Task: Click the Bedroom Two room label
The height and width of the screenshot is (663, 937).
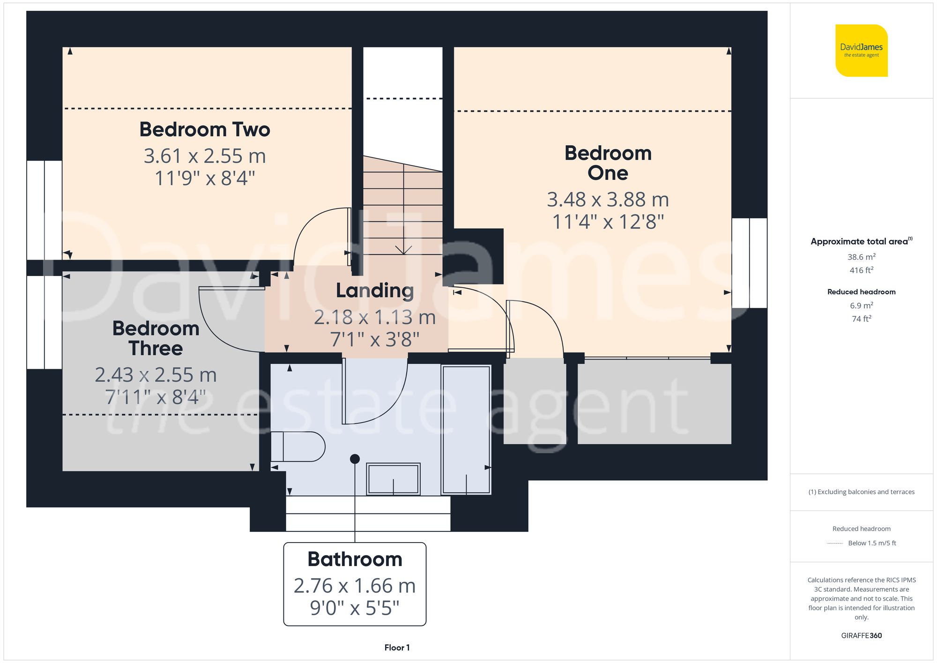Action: coord(205,130)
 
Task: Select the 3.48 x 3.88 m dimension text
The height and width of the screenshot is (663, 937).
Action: coord(608,200)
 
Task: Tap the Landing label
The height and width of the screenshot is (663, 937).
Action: coord(375,291)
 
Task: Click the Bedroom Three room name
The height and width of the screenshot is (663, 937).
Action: coord(156,338)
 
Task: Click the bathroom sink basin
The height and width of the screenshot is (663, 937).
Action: coord(393,479)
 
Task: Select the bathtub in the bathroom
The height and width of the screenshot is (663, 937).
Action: coord(466,430)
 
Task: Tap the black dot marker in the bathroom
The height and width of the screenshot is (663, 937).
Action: coord(355,459)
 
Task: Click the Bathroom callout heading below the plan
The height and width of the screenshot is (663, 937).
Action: coord(355,559)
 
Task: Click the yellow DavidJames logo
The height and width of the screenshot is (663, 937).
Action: coord(861,51)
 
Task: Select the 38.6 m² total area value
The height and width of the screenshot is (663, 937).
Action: coord(861,257)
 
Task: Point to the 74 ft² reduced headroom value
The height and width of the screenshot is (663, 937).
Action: coord(861,319)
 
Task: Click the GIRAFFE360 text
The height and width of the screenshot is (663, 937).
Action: coord(861,635)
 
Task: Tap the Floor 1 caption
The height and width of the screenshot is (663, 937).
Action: coord(397,648)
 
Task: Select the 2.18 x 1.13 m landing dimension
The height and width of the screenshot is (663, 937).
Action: coord(375,317)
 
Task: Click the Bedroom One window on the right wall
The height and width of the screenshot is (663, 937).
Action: coord(749,263)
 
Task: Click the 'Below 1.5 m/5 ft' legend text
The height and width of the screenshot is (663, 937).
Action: coord(872,543)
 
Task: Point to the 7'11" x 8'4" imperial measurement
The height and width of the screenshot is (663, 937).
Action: coord(156,397)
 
